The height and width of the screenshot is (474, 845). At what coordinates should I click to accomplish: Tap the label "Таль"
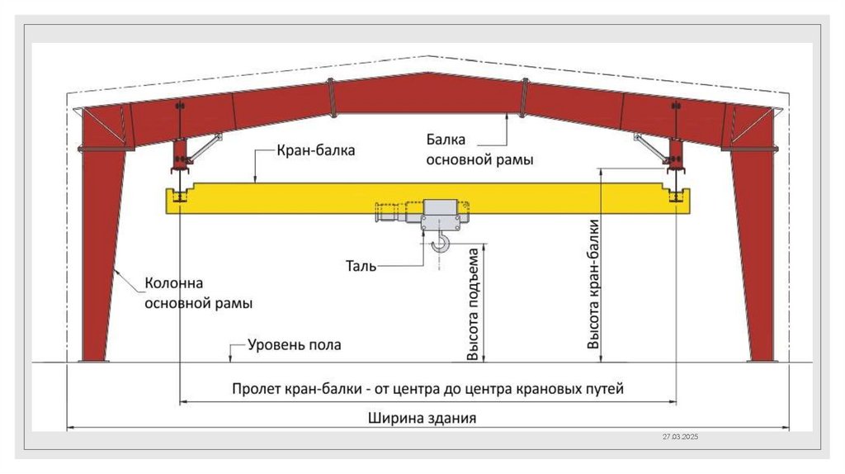pos(361,266)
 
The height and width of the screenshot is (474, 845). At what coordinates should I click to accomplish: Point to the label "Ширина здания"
pos(422,418)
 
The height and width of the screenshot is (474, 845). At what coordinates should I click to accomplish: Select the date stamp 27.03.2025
pos(680,436)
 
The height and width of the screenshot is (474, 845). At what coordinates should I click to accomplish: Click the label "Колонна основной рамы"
pos(199,293)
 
